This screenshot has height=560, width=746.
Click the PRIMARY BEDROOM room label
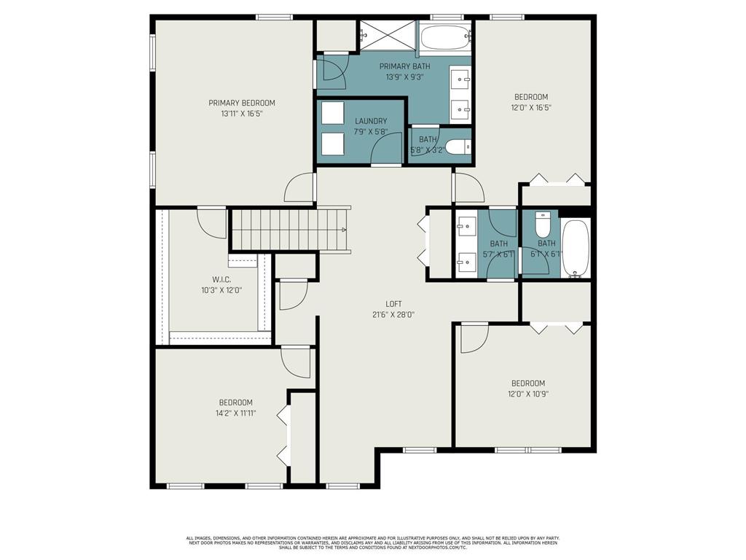242,103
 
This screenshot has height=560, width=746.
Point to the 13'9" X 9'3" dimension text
404,76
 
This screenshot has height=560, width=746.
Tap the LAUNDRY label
371,121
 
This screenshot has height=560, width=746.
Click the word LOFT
394,304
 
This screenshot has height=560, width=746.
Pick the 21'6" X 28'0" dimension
394,315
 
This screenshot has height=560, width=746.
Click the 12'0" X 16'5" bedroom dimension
531,107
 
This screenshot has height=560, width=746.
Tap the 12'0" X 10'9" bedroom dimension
528,394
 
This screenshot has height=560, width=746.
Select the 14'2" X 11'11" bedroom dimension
236,413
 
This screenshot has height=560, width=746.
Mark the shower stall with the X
387,34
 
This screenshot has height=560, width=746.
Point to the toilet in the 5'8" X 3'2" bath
458,147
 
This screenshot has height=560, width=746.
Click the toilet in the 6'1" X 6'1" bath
543,222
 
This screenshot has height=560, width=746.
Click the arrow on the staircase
344,230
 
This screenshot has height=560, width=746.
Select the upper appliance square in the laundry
333,114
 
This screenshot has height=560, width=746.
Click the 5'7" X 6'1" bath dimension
499,254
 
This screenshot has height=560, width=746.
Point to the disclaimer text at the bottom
372,542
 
